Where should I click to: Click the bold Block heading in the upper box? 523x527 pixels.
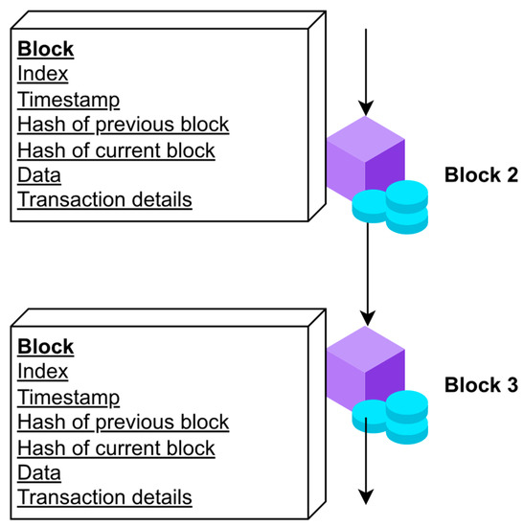click(46, 49)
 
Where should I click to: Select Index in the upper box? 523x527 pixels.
click(43, 74)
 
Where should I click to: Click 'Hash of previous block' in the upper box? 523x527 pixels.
click(123, 125)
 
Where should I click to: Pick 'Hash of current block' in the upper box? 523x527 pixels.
click(116, 149)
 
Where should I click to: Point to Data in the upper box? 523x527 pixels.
click(39, 174)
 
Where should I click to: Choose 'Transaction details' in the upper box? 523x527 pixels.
click(104, 200)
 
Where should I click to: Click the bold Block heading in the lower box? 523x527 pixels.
click(46, 347)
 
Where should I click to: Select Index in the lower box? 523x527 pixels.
click(43, 372)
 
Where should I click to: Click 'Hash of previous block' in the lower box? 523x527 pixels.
click(123, 423)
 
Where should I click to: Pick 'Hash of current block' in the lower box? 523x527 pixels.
click(116, 447)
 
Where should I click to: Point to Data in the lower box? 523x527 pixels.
click(39, 472)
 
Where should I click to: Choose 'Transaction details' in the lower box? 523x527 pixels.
click(104, 497)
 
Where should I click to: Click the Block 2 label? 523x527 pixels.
click(481, 175)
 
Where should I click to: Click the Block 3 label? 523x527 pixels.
click(481, 385)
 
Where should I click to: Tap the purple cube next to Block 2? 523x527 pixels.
click(363, 158)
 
